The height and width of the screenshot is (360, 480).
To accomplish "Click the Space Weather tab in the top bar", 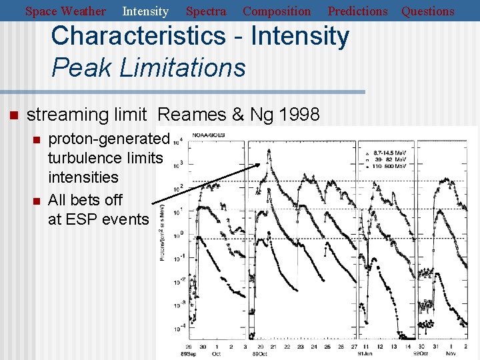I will (x=65, y=11).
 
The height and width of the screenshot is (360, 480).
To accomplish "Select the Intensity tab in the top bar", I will (x=145, y=11).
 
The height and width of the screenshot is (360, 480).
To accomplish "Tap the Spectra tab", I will (x=205, y=11).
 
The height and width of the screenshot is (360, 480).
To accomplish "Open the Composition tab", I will (x=277, y=11).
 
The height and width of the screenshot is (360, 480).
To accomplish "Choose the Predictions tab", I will (x=357, y=11).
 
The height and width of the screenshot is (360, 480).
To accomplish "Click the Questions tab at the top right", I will (x=427, y=11).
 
